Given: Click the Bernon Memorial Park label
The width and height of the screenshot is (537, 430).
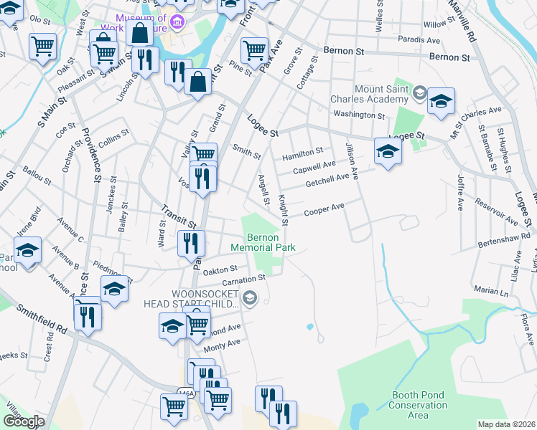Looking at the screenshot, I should pyautogui.click(x=263, y=242).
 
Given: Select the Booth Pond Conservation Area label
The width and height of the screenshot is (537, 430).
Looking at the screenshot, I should pyautogui.click(x=420, y=406).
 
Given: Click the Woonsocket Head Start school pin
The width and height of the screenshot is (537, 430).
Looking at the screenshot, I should pyautogui.click(x=250, y=297).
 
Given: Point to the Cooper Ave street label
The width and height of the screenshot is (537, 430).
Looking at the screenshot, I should pyautogui.click(x=324, y=209).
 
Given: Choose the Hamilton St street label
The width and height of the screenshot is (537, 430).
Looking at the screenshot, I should pyautogui.click(x=303, y=152).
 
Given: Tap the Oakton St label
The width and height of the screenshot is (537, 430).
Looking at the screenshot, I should pyautogui.click(x=220, y=269).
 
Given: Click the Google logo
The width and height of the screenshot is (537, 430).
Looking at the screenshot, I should pyautogui.click(x=24, y=421).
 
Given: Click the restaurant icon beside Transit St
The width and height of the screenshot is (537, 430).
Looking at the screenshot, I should pyautogui.click(x=192, y=243).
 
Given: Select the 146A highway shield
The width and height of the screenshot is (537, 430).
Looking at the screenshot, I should pyautogui.click(x=185, y=391).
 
